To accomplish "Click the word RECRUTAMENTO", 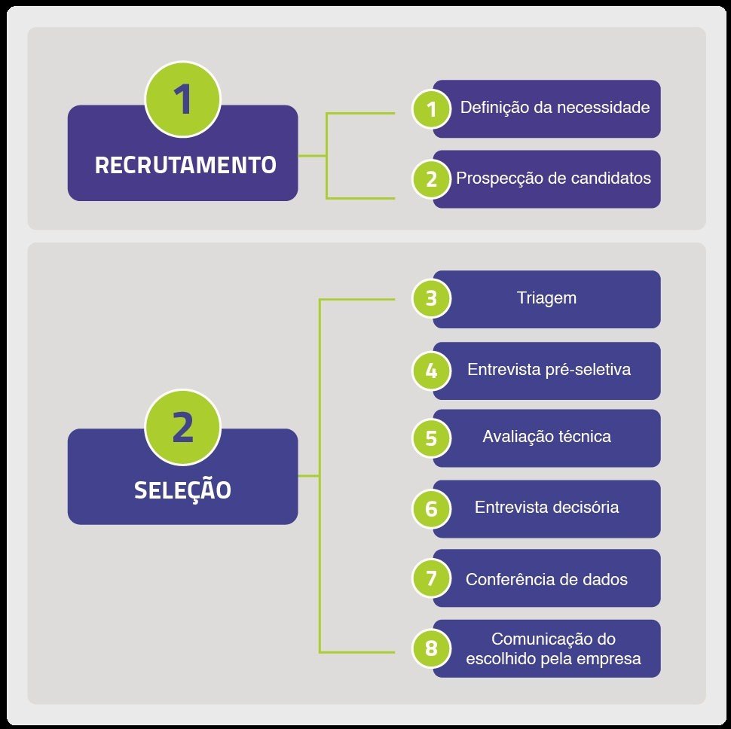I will click(x=185, y=165).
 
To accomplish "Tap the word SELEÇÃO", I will click(x=182, y=490).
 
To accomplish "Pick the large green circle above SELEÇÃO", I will click(x=182, y=428).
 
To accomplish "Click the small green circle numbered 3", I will click(x=431, y=298).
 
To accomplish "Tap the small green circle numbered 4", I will click(x=431, y=371).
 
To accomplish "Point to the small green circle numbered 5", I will click(x=431, y=438).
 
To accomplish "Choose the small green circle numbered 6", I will click(x=431, y=508).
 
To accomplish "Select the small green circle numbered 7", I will click(x=431, y=578).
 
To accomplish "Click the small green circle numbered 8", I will click(x=431, y=648).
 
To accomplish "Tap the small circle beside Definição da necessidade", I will click(x=431, y=109).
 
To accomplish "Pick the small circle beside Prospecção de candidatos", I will click(x=431, y=179).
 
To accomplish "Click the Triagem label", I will click(x=546, y=298).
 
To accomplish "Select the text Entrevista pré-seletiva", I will click(x=549, y=371).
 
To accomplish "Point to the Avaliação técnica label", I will click(x=546, y=437).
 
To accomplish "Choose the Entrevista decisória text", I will click(x=546, y=508).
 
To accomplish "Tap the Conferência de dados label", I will click(x=546, y=580).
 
